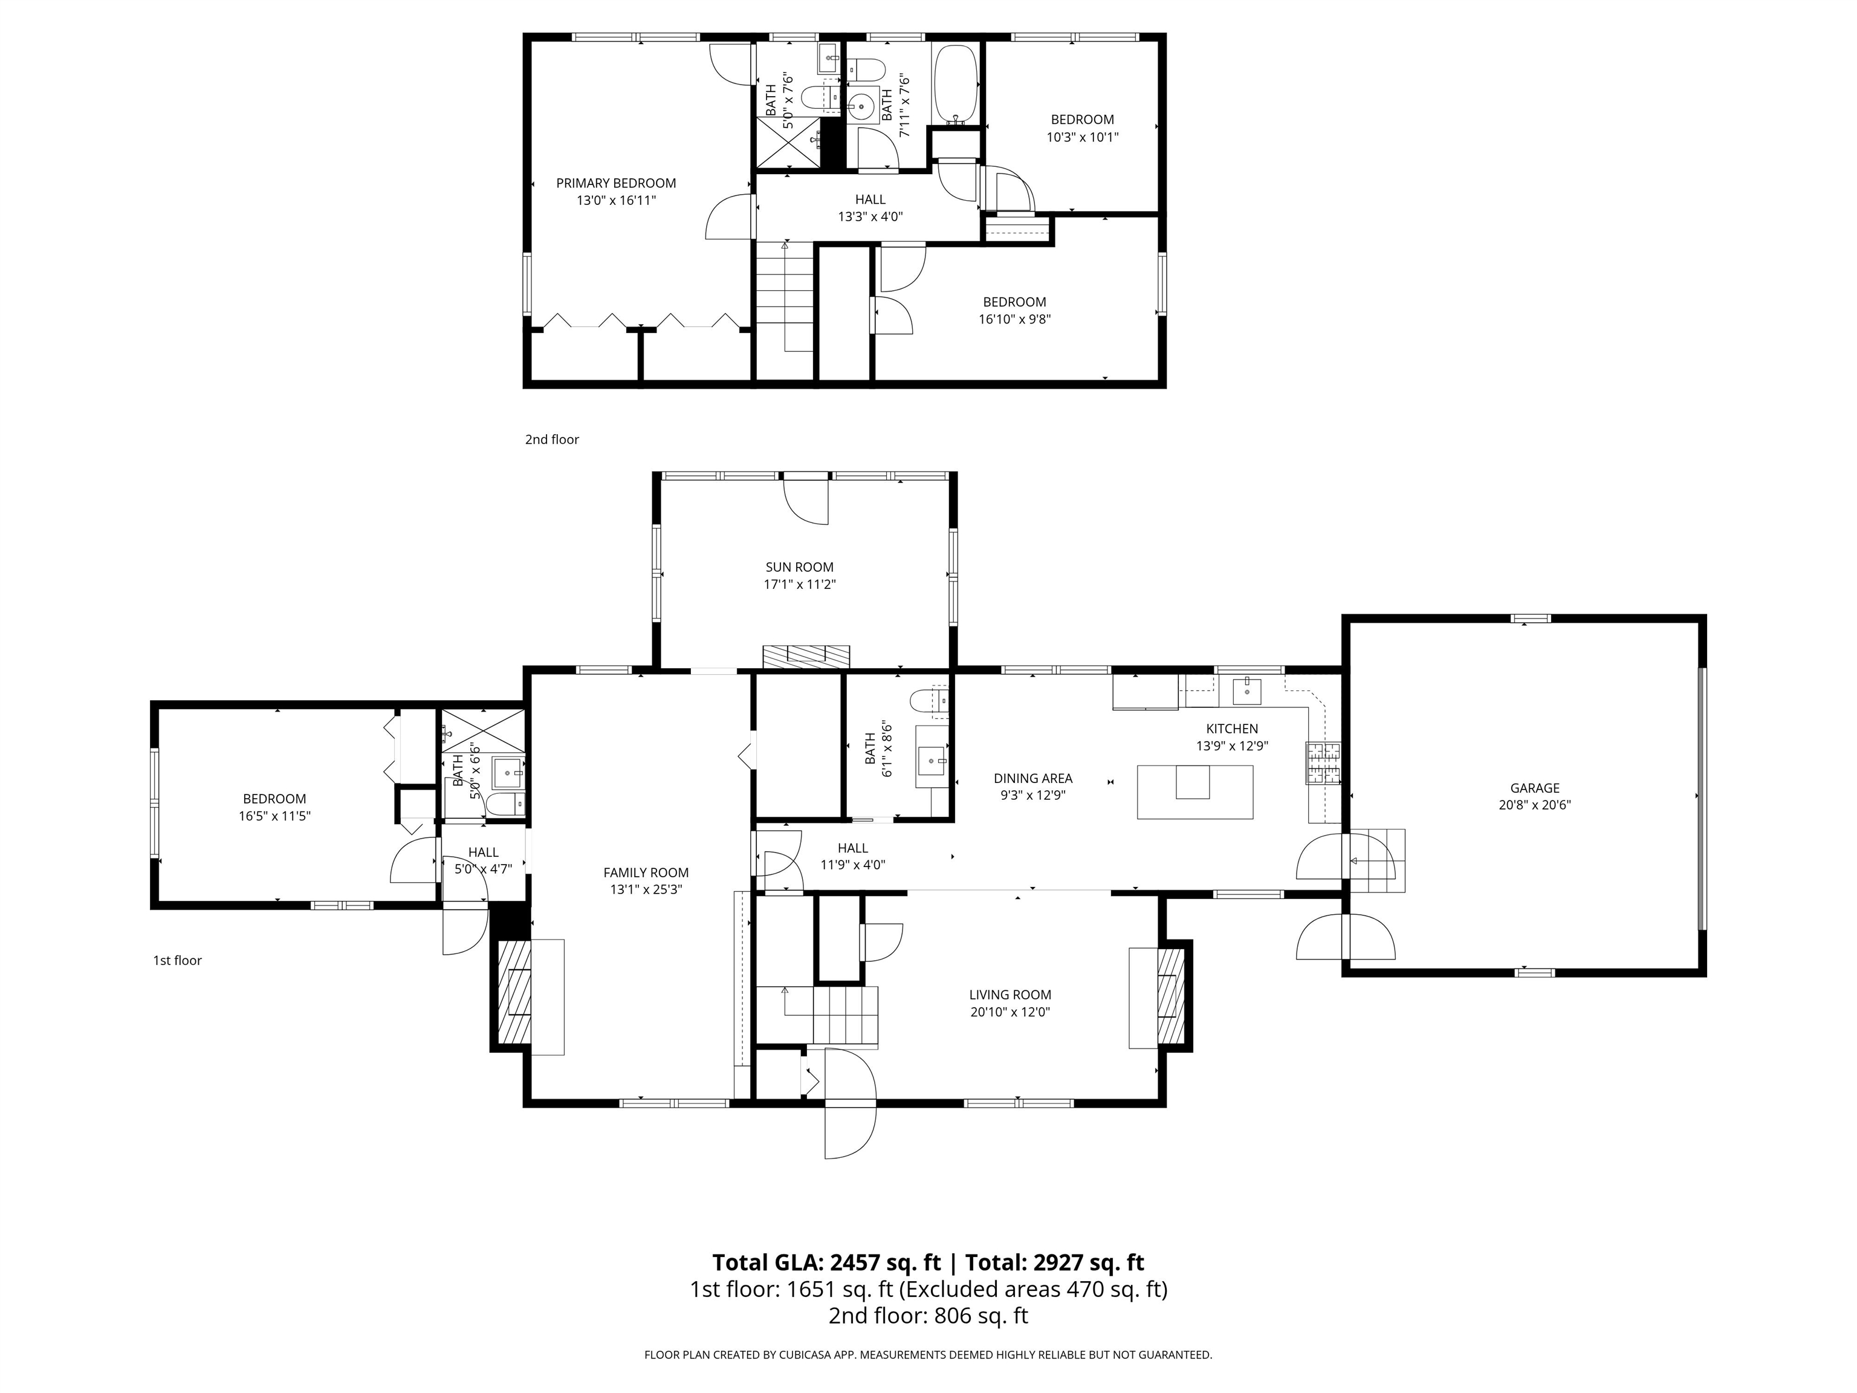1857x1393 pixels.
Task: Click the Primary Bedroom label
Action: pos(615,183)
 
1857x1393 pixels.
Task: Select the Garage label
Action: pos(1535,788)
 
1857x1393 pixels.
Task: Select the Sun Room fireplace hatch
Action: pos(806,656)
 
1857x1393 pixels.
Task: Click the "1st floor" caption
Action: pos(177,961)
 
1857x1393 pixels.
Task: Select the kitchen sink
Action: pos(1248,692)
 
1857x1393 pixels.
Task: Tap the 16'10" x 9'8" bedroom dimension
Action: pos(1014,319)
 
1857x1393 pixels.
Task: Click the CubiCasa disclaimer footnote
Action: pos(928,1354)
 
